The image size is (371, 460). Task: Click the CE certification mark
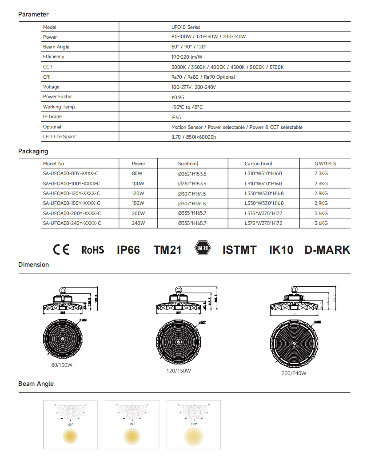(x=61, y=250)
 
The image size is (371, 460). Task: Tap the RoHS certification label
(x=93, y=250)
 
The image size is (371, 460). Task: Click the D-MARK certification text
(x=327, y=250)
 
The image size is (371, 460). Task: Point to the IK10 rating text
(x=281, y=250)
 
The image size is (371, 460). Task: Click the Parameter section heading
(x=33, y=14)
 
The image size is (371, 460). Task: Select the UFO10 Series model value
(x=186, y=27)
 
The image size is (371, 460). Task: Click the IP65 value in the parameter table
(x=176, y=117)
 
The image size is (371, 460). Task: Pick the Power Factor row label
(x=57, y=97)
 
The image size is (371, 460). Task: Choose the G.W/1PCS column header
(x=325, y=164)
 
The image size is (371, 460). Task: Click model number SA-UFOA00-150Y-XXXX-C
(x=72, y=204)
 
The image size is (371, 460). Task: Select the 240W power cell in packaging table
(x=138, y=223)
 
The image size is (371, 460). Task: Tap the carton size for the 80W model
(x=263, y=174)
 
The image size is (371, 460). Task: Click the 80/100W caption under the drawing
(x=62, y=365)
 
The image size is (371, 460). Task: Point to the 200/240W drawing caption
(x=294, y=373)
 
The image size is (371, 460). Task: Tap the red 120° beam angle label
(x=194, y=424)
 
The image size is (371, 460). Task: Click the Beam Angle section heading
(x=36, y=384)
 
